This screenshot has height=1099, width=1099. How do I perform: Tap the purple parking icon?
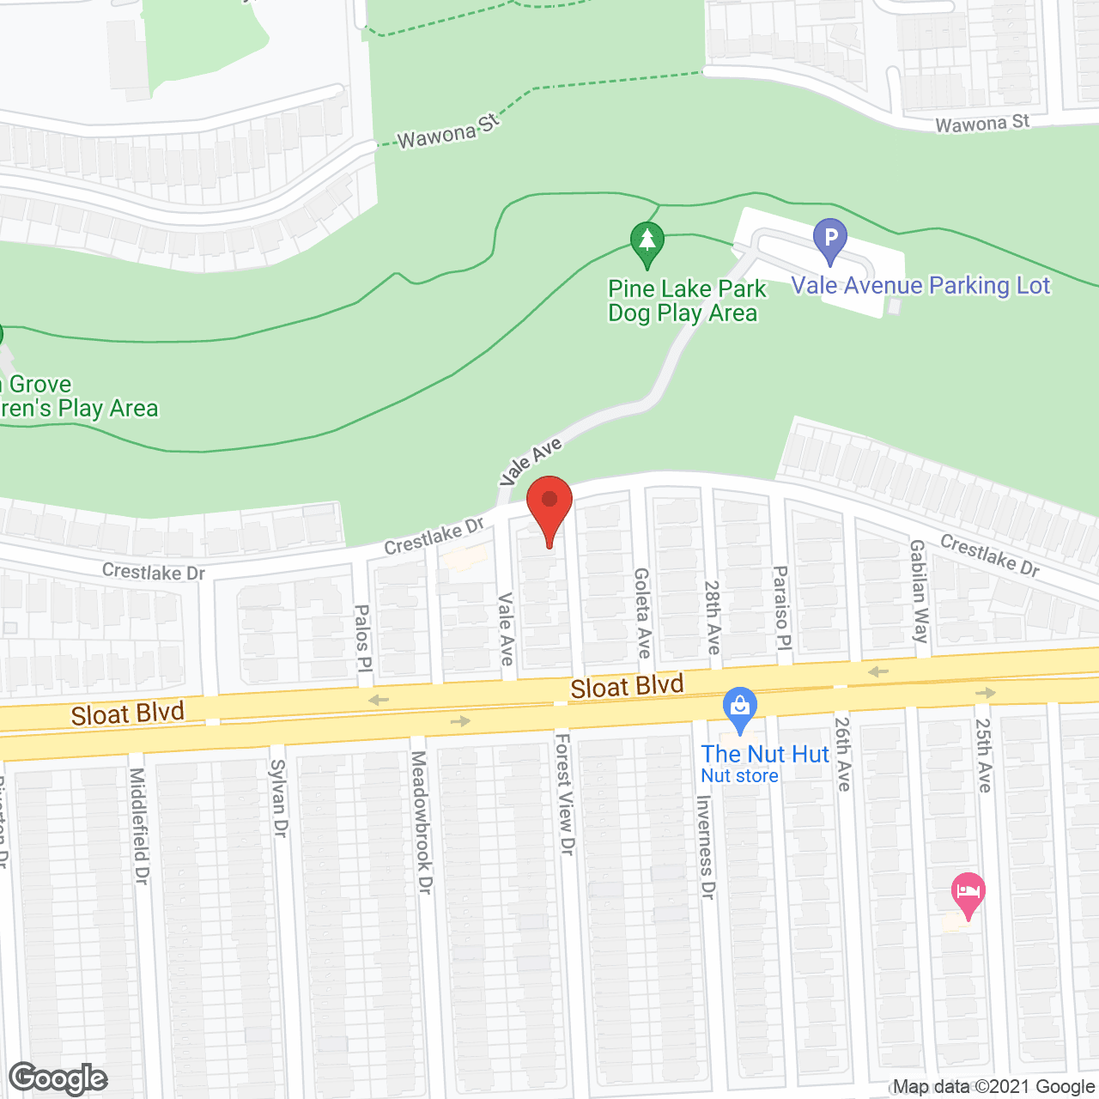[830, 240]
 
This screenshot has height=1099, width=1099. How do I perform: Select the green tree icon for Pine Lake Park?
[647, 243]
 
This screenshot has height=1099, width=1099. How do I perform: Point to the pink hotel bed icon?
[968, 895]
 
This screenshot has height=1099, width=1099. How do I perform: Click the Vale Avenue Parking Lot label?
[920, 286]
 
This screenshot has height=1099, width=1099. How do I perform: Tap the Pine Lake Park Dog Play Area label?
[685, 301]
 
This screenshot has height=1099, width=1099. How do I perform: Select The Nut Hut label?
[765, 755]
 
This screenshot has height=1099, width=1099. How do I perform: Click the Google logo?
[58, 1078]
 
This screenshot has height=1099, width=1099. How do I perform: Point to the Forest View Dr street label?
[564, 793]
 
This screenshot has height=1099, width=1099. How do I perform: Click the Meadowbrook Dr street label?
[420, 822]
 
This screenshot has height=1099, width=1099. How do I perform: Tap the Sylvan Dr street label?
[278, 798]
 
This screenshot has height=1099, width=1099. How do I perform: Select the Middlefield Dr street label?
[139, 825]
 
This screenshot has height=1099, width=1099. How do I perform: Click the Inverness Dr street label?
[705, 847]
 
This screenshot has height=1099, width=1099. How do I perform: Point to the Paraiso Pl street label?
[780, 608]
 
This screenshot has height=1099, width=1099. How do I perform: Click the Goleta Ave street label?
[642, 612]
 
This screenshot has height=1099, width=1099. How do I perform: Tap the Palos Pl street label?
[362, 637]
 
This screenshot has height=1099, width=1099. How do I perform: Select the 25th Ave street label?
[983, 755]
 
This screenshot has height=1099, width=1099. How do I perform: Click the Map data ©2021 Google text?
[994, 1087]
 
